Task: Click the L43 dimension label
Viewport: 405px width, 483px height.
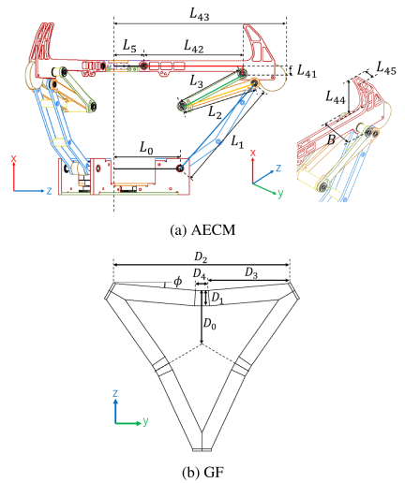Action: click(200, 14)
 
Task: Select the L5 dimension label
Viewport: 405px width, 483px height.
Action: click(129, 46)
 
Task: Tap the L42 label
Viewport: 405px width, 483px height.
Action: click(193, 46)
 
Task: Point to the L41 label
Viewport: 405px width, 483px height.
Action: click(307, 71)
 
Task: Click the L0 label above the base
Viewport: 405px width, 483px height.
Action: click(146, 148)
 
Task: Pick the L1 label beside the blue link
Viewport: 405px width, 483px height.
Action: click(237, 142)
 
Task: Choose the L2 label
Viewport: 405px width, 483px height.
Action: click(215, 112)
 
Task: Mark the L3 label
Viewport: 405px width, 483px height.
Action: click(196, 81)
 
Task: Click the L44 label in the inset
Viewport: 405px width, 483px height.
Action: click(336, 97)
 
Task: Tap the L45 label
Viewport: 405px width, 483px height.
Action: click(386, 68)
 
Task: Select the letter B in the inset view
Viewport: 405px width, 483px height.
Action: click(331, 140)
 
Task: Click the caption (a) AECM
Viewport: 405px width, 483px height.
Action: click(202, 230)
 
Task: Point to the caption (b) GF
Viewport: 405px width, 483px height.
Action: click(202, 473)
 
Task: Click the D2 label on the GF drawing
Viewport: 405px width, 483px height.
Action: click(202, 257)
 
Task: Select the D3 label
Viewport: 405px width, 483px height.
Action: click(251, 272)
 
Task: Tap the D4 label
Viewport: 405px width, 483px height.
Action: click(200, 274)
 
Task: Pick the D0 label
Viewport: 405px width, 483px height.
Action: click(209, 324)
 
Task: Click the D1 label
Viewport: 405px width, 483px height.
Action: click(217, 298)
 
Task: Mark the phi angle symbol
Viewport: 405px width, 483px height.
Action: click(177, 282)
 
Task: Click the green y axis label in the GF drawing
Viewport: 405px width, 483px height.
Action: click(145, 421)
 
